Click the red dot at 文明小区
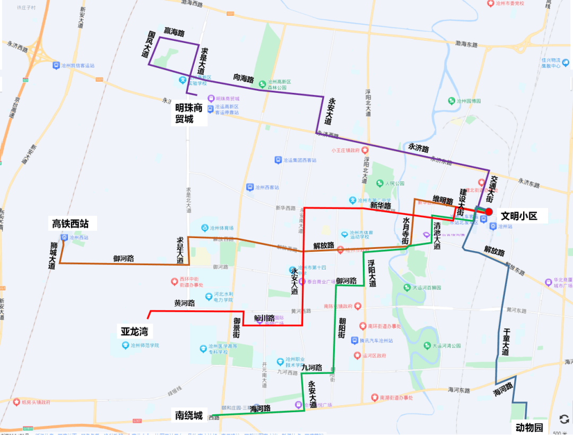pyautogui.click(x=489, y=211)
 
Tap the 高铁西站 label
pyautogui.click(x=74, y=224)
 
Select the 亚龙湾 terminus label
pyautogui.click(x=134, y=332)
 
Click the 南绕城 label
pyautogui.click(x=189, y=415)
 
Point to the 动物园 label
pyautogui.click(x=529, y=428)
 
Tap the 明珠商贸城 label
pyautogui.click(x=189, y=113)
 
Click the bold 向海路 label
pyautogui.click(x=244, y=79)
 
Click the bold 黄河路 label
pyautogui.click(x=184, y=303)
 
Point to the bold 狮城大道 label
pyautogui.click(x=52, y=255)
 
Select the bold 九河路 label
pyautogui.click(x=312, y=367)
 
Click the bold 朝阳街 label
pyautogui.click(x=342, y=328)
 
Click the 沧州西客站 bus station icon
pyautogui.click(x=249, y=187)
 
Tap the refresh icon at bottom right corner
pyautogui.click(x=564, y=419)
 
